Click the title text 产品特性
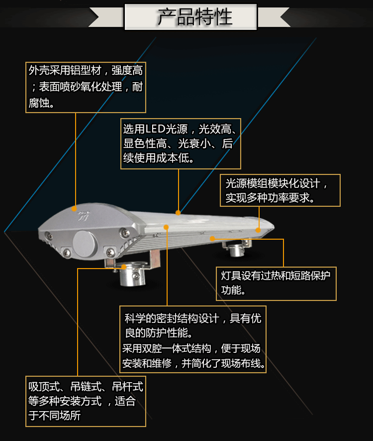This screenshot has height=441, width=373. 195,16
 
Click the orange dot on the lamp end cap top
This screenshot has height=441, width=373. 74,209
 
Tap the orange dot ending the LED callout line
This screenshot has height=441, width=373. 178,213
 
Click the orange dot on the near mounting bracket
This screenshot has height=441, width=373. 124,267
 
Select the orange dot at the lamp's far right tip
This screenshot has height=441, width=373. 258,230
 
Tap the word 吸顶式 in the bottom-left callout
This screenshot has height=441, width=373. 44,387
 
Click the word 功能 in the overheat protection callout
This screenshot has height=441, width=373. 231,290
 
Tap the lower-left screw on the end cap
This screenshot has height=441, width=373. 67,253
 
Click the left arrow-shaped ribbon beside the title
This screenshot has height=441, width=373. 106,17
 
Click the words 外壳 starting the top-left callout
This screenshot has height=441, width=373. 39,70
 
